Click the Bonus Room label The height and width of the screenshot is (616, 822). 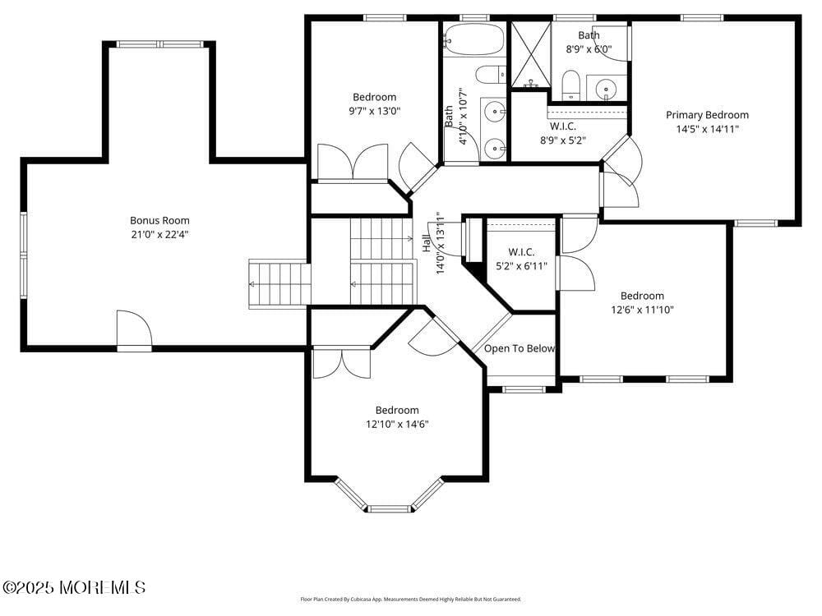click(159, 220)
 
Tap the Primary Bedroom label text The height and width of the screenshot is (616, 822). click(707, 115)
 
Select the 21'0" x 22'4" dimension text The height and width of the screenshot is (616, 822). click(159, 235)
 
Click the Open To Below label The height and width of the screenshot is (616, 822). click(520, 348)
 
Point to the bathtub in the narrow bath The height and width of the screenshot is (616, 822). click(473, 38)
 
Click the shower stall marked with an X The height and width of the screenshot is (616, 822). click(530, 55)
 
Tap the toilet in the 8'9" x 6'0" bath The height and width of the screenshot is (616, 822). click(571, 83)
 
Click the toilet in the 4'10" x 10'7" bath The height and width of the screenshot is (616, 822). click(492, 75)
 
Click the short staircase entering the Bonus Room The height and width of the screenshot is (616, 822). click(279, 284)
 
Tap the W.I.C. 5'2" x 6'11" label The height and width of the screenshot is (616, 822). click(522, 259)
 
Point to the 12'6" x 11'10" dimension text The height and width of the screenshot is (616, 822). click(642, 310)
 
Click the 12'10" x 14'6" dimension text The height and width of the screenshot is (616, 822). click(397, 425)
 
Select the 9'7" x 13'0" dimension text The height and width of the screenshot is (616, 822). click(374, 111)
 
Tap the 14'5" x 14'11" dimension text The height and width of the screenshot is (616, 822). click(707, 129)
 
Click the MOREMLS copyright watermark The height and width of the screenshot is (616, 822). click(74, 587)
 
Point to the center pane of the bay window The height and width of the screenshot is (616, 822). click(390, 509)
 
